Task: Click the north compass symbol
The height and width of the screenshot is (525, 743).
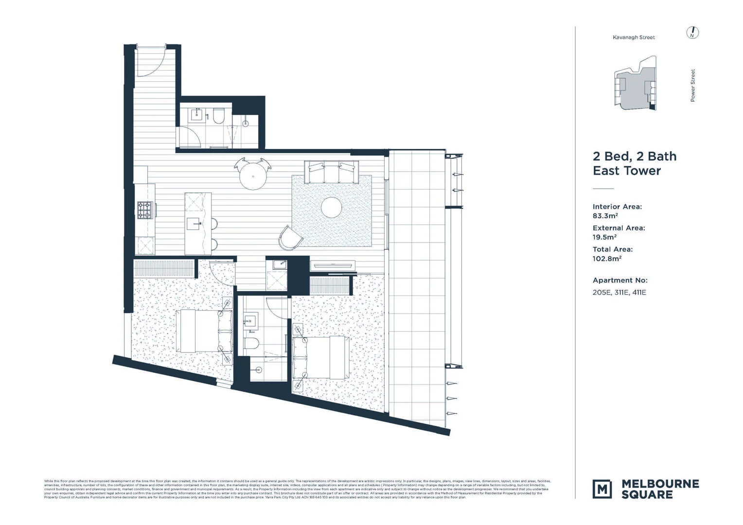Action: (x=692, y=33)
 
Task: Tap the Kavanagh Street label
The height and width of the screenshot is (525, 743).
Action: (x=634, y=37)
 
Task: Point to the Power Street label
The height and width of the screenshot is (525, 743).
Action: (x=692, y=85)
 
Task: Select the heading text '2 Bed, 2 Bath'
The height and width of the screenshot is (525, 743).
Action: (x=634, y=157)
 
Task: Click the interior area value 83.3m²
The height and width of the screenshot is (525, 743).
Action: (x=605, y=216)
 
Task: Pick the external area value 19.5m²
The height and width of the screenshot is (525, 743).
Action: (x=604, y=237)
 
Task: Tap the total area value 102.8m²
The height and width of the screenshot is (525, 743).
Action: (x=607, y=259)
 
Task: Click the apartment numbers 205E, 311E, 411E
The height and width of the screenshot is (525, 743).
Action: (x=619, y=293)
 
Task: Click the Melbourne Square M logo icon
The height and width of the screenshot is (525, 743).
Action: (x=602, y=489)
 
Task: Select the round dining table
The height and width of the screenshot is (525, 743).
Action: (x=252, y=175)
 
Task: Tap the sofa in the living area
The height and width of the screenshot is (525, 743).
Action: (x=331, y=172)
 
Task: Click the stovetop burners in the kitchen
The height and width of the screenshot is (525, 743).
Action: (x=145, y=210)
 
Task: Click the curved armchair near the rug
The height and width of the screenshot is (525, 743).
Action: (x=291, y=238)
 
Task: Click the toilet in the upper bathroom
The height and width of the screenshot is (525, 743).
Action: (x=218, y=117)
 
